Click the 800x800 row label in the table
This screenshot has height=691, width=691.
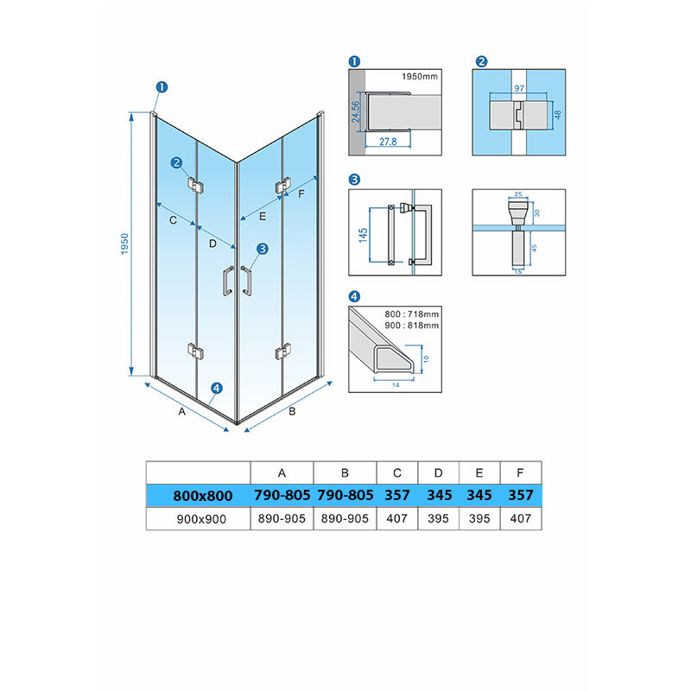[x=203, y=496]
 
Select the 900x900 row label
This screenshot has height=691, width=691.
[x=201, y=519]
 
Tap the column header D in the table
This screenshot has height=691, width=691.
[x=438, y=472]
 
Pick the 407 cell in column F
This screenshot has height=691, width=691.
[x=521, y=518]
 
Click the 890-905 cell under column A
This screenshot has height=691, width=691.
[x=282, y=518]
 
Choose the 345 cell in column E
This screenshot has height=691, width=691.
[x=479, y=495]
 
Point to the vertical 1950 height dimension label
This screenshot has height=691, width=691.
[x=124, y=244]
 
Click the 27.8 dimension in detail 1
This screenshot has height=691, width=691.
[x=388, y=142]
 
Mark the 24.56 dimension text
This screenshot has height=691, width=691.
[x=356, y=111]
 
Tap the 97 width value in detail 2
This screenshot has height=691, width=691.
[x=519, y=88]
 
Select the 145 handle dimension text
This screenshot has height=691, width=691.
[x=363, y=235]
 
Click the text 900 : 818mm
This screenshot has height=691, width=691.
[x=412, y=326]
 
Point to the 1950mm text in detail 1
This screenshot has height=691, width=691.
[x=420, y=76]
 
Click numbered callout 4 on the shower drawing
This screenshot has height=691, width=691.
[x=217, y=388]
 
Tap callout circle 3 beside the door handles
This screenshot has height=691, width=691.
[x=263, y=249]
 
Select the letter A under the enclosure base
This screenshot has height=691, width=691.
[x=182, y=411]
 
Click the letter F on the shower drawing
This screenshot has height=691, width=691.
[x=301, y=193]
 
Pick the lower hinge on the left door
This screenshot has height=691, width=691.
[x=195, y=352]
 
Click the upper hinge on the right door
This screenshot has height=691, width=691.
[x=283, y=186]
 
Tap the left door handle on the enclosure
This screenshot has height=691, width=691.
[x=228, y=281]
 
